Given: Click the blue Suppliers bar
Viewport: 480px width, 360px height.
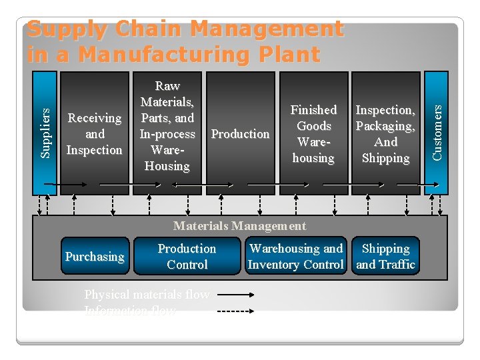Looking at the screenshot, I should [44, 133].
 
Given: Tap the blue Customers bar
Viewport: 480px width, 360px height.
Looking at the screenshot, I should [437, 133].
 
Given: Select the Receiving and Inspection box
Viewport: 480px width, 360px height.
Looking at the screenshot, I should [94, 133].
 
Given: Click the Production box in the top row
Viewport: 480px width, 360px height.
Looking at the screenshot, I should [240, 133].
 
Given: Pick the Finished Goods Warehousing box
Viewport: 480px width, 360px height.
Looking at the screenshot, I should [313, 133].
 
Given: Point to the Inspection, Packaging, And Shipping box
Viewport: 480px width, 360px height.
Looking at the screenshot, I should [385, 133].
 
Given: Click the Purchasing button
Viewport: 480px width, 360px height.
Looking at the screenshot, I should [95, 257].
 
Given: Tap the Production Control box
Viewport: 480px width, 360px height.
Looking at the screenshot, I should [187, 257].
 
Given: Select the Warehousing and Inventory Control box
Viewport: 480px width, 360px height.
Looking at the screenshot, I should [296, 257].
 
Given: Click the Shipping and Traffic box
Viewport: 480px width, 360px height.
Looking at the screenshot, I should [385, 257].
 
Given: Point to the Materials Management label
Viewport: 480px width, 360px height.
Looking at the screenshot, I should [239, 226].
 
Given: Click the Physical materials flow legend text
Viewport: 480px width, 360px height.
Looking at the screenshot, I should [147, 295].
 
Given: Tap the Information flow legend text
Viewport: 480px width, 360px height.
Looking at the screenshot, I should [130, 311].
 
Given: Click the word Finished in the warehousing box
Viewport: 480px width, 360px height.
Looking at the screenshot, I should [313, 110].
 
